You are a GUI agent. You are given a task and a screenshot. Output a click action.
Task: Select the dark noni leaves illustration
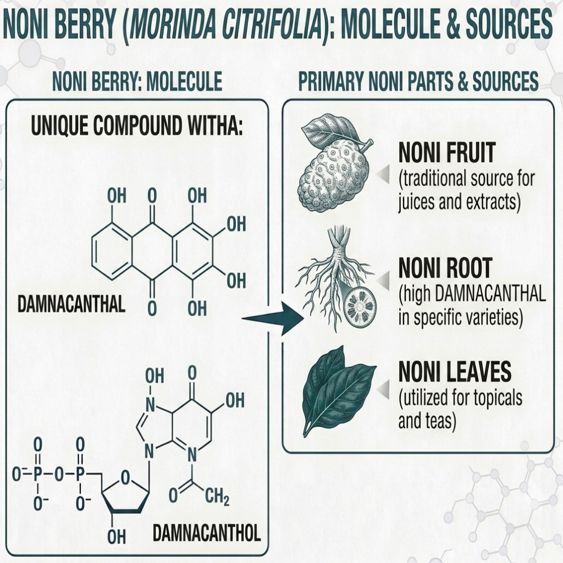pyautogui.click(x=338, y=391)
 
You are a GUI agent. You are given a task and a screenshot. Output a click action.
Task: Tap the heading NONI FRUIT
pyautogui.click(x=448, y=153)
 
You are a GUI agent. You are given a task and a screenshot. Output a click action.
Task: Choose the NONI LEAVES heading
pyautogui.click(x=455, y=371)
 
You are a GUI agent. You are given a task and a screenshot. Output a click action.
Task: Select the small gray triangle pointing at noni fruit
pyautogui.click(x=383, y=174)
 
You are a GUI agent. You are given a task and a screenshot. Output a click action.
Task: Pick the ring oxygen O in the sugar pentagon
pyautogui.click(x=125, y=478)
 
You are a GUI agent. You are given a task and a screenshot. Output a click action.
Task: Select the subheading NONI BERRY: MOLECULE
pyautogui.click(x=137, y=81)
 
